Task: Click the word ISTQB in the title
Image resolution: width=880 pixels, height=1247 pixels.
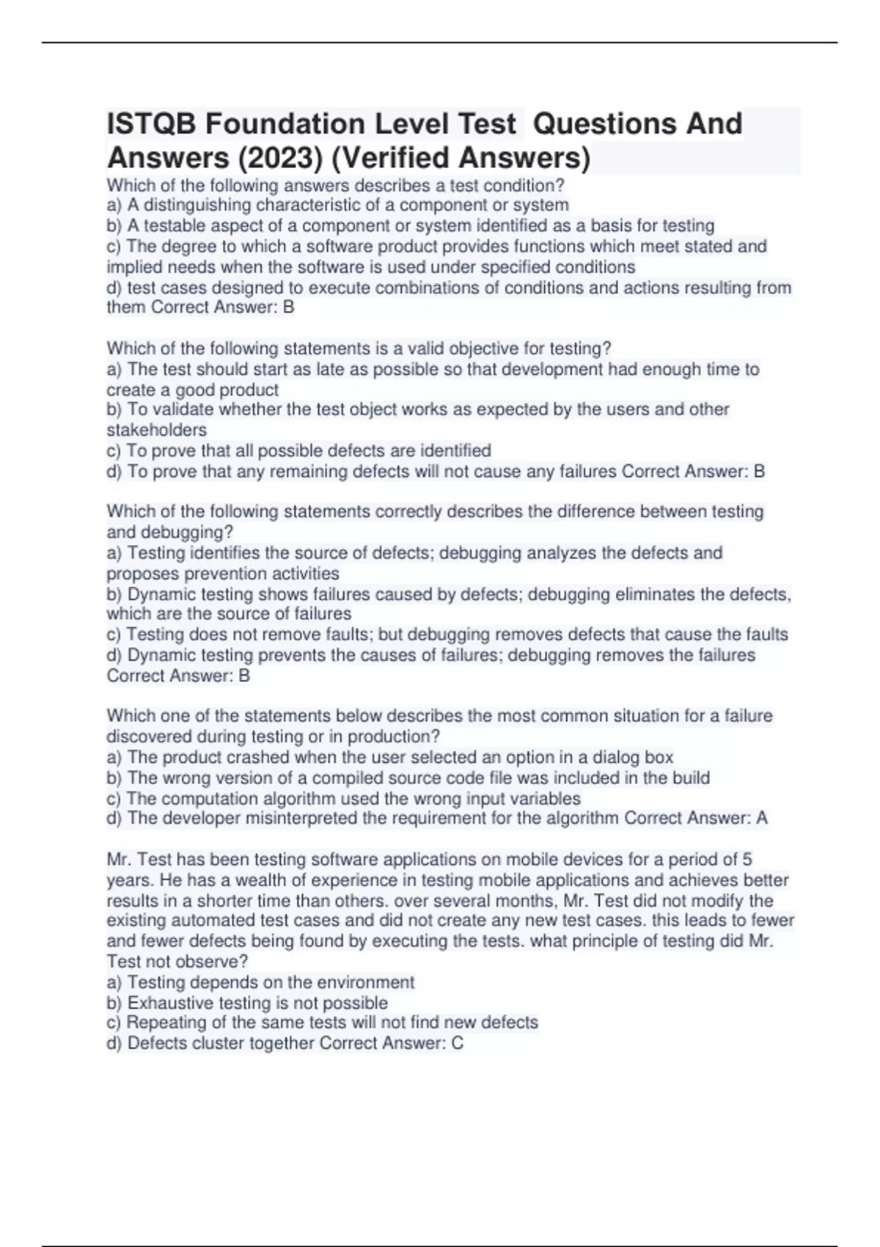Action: coord(151,124)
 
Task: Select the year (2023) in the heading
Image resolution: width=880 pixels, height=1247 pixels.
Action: coord(272,158)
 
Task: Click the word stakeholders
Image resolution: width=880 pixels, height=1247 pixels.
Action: coord(157,430)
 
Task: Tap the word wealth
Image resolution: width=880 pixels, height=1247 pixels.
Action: coord(216,880)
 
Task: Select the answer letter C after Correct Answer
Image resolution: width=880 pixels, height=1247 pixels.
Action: coord(458,1043)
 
